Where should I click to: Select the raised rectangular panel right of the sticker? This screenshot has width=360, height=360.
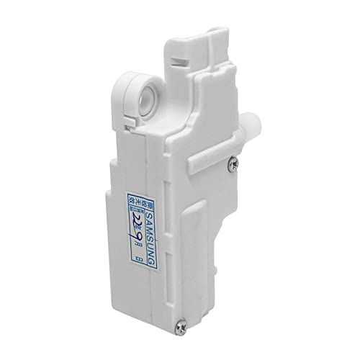pyautogui.click(x=193, y=238)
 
